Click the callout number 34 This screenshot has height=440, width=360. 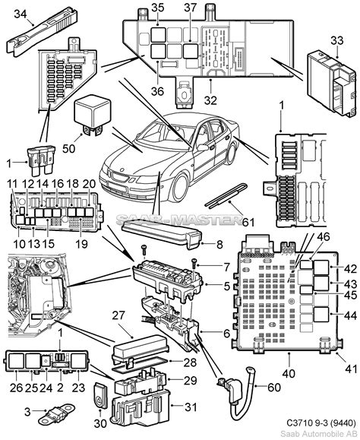[21, 14]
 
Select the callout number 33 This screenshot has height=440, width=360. [336, 40]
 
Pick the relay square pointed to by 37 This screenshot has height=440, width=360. [191, 51]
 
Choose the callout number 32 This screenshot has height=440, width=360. [210, 100]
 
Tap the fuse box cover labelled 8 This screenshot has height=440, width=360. [162, 234]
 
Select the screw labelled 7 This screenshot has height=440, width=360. [194, 264]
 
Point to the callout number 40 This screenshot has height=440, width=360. [289, 373]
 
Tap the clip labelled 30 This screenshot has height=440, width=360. [100, 395]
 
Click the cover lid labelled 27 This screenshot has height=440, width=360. [141, 350]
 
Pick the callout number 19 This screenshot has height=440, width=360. [81, 244]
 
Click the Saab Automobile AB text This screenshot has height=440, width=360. [318, 433]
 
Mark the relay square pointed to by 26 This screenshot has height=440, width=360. [17, 361]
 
